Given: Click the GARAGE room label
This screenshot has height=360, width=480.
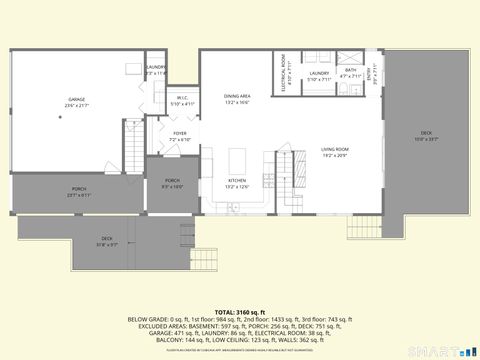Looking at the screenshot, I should [x=76, y=101].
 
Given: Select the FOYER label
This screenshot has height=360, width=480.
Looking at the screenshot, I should [x=180, y=136].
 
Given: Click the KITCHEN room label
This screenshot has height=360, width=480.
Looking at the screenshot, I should [x=237, y=184].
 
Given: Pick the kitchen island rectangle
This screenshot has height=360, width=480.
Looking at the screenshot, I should [x=238, y=160].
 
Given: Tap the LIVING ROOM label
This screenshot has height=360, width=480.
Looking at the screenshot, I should [x=335, y=152].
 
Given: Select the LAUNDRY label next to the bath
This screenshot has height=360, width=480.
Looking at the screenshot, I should [x=319, y=75].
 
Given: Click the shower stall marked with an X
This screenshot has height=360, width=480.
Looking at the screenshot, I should [x=353, y=57].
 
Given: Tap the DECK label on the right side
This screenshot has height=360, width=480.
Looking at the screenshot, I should [x=426, y=136].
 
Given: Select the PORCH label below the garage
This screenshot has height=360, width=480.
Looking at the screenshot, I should [x=78, y=192].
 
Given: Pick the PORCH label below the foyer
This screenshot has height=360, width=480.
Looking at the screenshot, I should [x=172, y=183].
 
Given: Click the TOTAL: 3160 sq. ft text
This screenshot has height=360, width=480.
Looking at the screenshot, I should [x=239, y=311].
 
